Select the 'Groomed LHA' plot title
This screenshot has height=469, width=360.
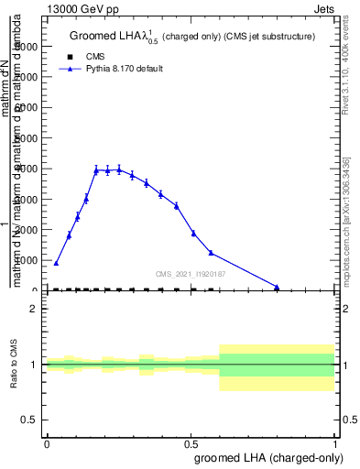192,37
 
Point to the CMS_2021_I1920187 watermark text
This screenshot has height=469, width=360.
191,274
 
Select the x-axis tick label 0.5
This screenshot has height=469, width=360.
191,443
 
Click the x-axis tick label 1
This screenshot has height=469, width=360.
335,443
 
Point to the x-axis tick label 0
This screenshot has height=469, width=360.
47,443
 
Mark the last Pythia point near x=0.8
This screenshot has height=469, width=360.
277,287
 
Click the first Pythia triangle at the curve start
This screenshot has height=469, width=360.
56,263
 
